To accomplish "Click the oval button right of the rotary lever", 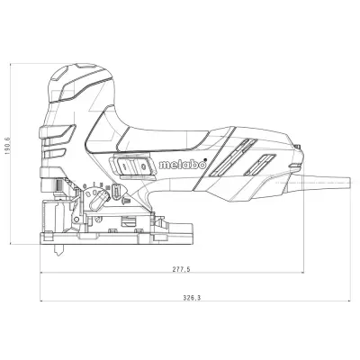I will (117, 193).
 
